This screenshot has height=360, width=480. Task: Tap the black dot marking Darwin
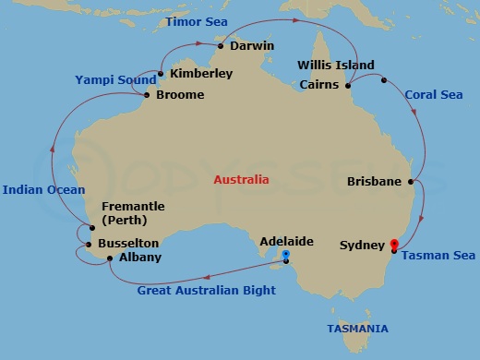pyautogui.click(x=222, y=44)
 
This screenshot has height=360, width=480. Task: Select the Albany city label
pyautogui.click(x=140, y=257)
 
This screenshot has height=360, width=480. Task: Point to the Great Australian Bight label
pyautogui.click(x=206, y=291)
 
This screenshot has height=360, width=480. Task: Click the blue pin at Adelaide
pyautogui.click(x=286, y=254)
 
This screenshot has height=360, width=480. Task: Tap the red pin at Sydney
pyautogui.click(x=394, y=245)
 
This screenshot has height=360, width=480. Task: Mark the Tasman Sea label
pyautogui.click(x=438, y=256)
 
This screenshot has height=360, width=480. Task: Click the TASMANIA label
pyautogui.click(x=357, y=329)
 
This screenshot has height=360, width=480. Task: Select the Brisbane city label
pyautogui.click(x=374, y=182)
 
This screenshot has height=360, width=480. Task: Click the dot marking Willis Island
pyautogui.click(x=383, y=79)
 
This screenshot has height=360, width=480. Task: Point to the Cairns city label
pyautogui.click(x=320, y=86)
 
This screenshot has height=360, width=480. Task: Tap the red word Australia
pyautogui.click(x=241, y=179)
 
